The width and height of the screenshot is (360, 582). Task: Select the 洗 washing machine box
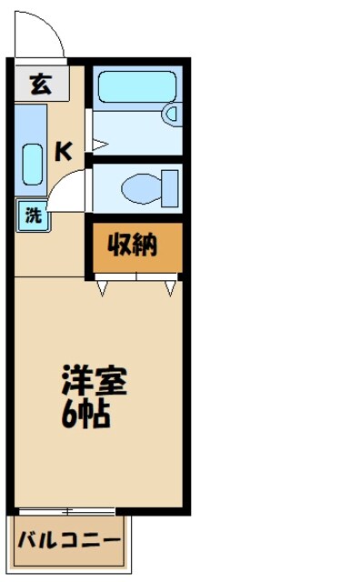click(x=33, y=216)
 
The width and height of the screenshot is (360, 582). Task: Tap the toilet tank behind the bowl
click(x=169, y=188)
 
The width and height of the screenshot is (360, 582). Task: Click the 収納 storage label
click(x=134, y=245)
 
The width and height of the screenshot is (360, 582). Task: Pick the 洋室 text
click(x=94, y=380)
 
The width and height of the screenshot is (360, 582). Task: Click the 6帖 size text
click(x=85, y=414)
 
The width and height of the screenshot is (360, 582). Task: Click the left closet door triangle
click(x=104, y=289)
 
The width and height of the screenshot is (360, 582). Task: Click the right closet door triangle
click(x=171, y=289)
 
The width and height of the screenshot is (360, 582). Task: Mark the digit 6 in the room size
click(x=70, y=414)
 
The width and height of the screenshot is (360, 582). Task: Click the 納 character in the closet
click(x=146, y=245)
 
